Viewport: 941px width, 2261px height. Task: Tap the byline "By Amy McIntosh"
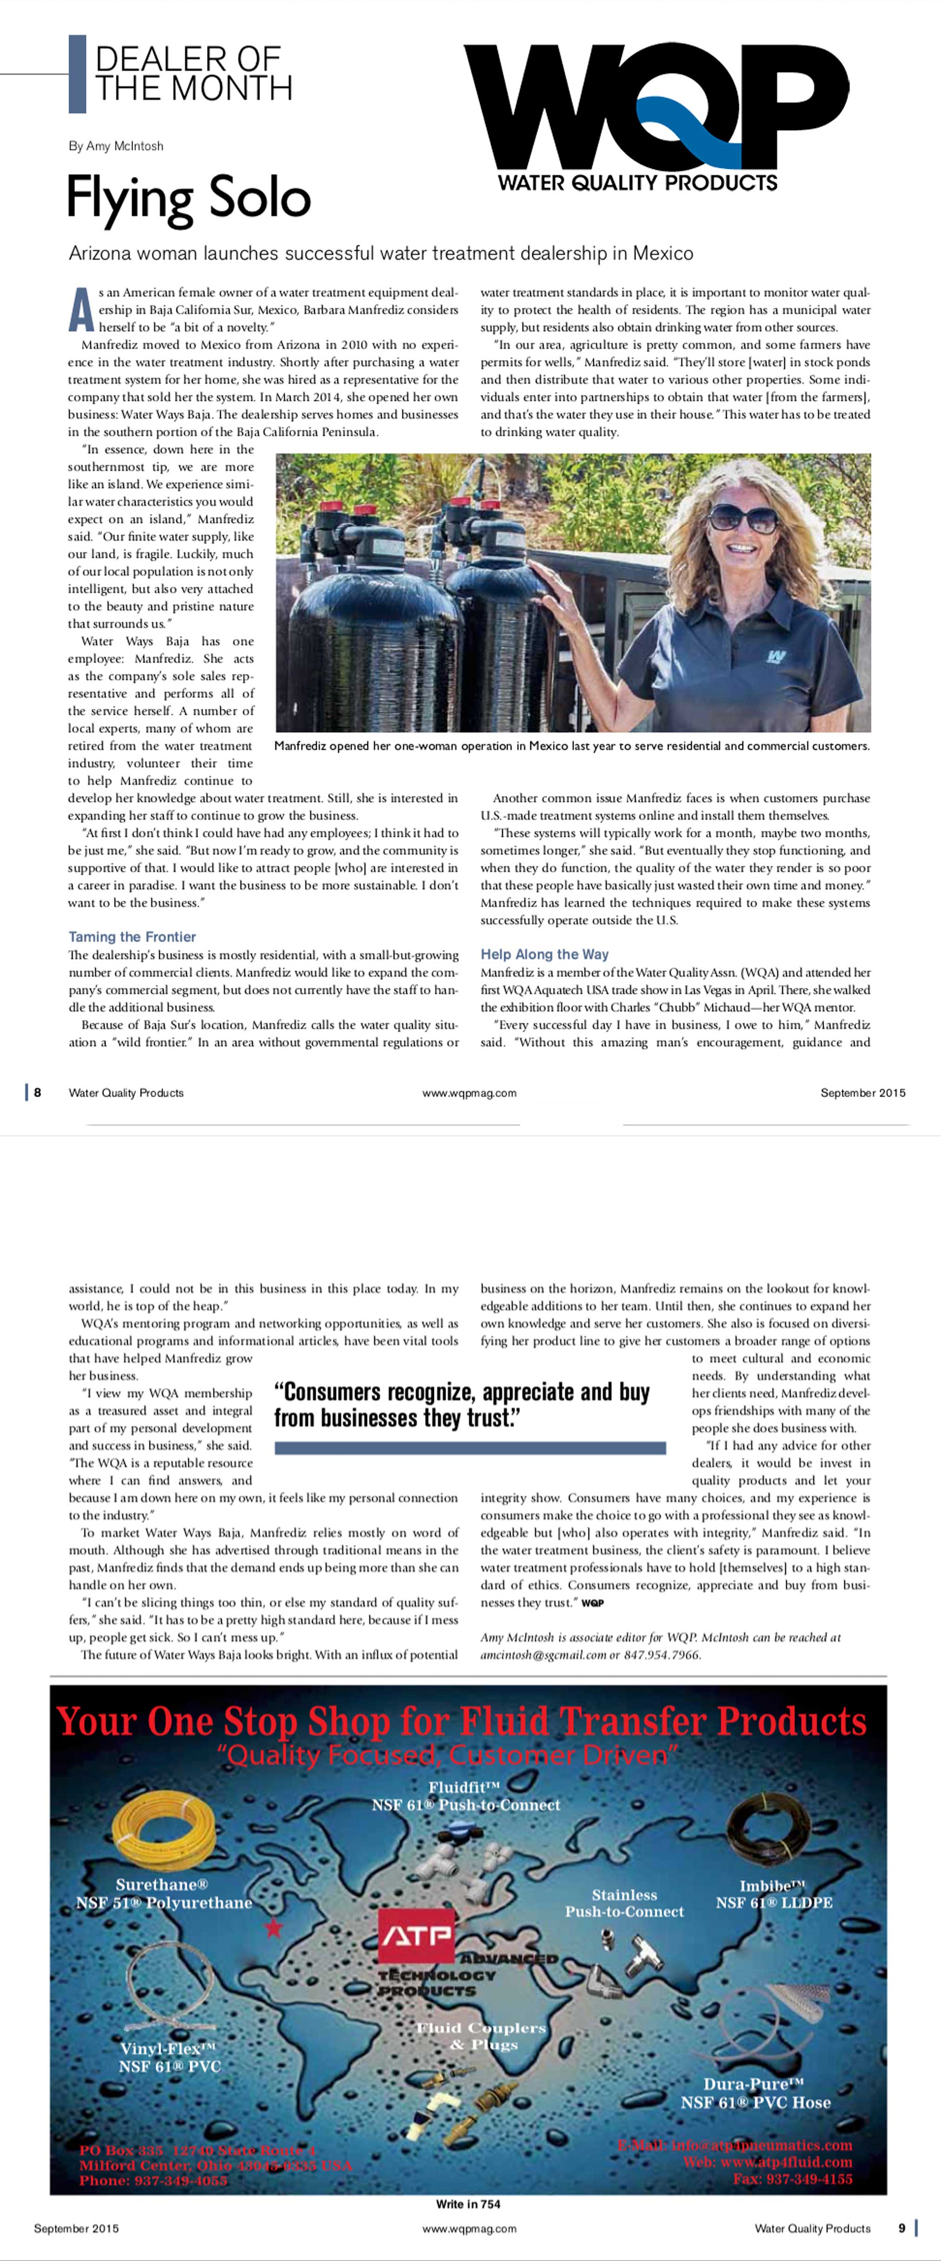116,146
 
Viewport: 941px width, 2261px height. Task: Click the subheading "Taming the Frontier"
132,937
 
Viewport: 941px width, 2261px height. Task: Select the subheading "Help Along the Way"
544,954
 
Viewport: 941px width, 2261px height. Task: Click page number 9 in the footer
901,2228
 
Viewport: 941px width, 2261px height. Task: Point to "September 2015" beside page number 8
862,1093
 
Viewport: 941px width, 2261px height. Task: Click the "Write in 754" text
468,2204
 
